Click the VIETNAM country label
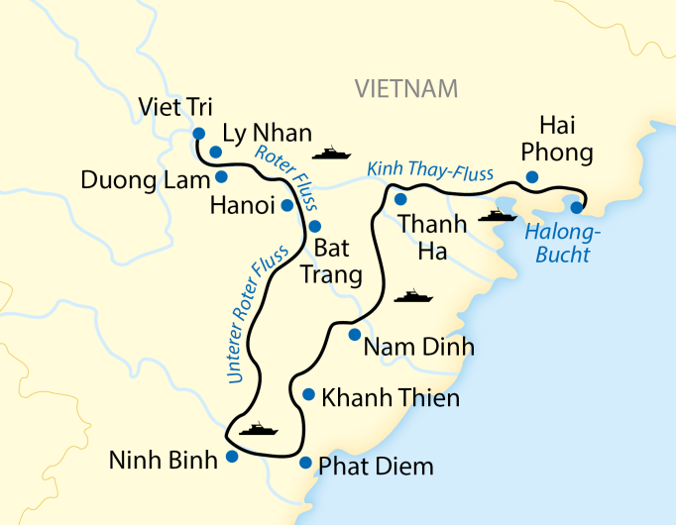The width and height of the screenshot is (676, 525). (x=406, y=89)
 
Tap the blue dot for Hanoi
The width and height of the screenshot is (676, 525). (x=287, y=206)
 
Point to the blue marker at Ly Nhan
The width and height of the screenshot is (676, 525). (x=215, y=152)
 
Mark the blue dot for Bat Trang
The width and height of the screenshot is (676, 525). (x=315, y=226)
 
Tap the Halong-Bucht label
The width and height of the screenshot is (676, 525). (x=558, y=244)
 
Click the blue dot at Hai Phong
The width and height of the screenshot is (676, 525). (x=532, y=177)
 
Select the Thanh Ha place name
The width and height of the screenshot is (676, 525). (x=432, y=238)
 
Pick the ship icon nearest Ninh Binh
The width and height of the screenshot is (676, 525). (x=258, y=429)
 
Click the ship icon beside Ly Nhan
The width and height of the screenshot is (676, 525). (x=331, y=154)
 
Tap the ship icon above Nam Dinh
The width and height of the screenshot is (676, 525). (x=413, y=295)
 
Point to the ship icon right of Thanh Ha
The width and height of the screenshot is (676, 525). (x=497, y=215)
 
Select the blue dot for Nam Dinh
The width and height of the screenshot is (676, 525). (x=354, y=335)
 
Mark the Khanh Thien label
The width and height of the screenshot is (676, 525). (x=392, y=399)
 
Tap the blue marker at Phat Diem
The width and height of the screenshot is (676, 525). (x=305, y=463)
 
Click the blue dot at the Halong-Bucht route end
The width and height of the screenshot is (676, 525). (x=577, y=207)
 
